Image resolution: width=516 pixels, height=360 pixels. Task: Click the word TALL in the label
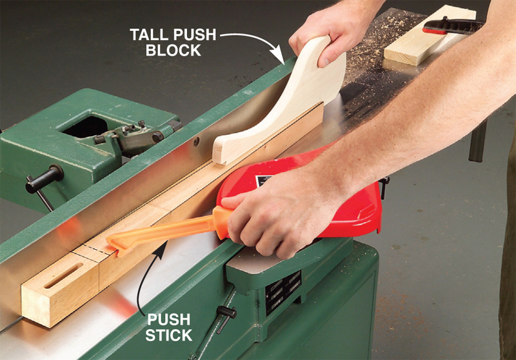(x=150, y=35)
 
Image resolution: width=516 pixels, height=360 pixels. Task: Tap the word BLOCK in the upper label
(x=173, y=50)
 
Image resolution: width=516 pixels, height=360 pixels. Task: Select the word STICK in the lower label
(x=168, y=335)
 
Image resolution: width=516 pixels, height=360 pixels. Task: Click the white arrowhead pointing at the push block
(x=279, y=55)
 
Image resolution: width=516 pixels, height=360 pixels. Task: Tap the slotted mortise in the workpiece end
(x=63, y=275)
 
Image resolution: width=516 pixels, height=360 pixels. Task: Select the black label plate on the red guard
(x=263, y=181)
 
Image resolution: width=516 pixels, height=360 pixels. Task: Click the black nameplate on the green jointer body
(x=283, y=292)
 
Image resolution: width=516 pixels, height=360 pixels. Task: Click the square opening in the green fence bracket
(x=86, y=126)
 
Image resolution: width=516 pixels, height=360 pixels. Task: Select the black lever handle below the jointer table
(x=226, y=317)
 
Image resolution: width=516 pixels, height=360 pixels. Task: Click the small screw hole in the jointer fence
(x=197, y=141)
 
